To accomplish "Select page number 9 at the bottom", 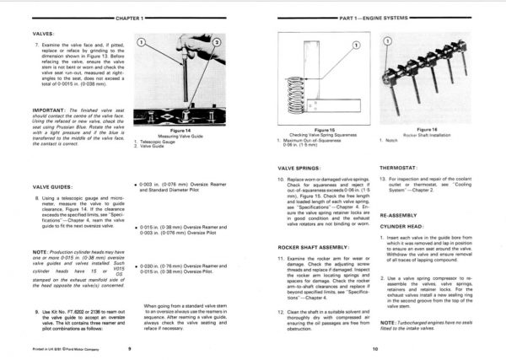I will point(129,348).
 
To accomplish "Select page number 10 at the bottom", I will point(374,348).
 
